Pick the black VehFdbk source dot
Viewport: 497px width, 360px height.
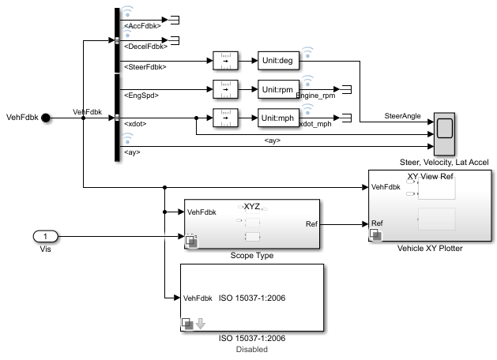pos(46,118)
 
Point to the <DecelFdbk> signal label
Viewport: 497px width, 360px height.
pos(144,47)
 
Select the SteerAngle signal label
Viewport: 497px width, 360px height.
pos(402,116)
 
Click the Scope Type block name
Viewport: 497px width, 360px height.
pos(251,256)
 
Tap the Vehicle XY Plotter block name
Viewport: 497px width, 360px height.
pos(430,247)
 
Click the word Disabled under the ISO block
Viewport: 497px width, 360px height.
pos(251,349)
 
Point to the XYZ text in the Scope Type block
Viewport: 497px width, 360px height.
pos(251,206)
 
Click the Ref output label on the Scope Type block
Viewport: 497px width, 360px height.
pos(311,223)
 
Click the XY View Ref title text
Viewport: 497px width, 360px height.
pos(431,176)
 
